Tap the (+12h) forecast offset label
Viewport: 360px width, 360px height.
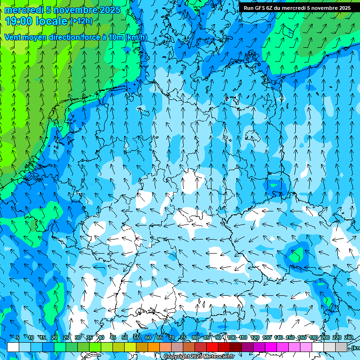click(81, 21)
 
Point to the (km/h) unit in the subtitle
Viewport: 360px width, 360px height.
click(136, 37)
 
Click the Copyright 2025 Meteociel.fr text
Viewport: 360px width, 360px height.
click(199, 357)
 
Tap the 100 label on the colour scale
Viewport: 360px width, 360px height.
click(232, 338)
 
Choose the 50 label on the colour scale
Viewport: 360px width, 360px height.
click(125, 338)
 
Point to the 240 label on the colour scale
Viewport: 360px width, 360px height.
click(349, 338)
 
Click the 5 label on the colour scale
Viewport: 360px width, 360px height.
click(18, 338)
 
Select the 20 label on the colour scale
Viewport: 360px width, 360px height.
click(54, 338)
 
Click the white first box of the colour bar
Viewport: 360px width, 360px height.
click(13, 347)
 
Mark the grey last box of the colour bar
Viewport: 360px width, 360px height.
click(341, 347)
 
